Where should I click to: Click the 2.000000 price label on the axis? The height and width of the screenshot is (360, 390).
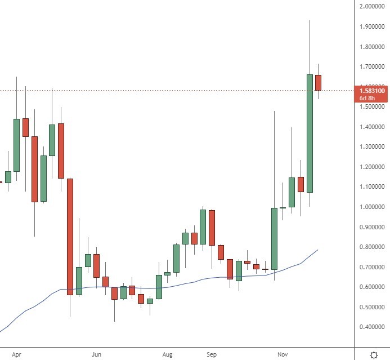tap(371, 7)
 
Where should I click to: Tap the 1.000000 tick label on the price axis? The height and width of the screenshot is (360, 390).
tap(371, 207)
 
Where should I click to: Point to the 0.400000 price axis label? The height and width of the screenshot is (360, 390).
tap(371, 327)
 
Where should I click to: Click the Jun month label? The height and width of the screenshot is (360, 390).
tap(97, 354)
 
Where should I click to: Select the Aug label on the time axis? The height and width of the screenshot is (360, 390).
tap(167, 354)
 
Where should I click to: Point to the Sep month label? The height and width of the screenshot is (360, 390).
tap(212, 354)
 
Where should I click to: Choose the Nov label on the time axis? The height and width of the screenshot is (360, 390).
tap(283, 354)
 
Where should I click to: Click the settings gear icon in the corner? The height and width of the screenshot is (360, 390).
tap(374, 354)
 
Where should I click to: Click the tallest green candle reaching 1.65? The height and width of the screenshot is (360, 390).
tap(310, 133)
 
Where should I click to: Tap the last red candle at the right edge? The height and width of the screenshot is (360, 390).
tap(318, 82)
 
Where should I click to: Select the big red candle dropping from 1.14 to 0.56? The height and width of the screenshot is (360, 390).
tap(70, 237)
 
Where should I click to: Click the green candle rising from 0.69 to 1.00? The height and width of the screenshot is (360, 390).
tap(274, 238)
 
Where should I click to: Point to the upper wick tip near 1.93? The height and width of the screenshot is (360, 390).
tap(310, 21)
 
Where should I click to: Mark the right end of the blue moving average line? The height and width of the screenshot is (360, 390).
tap(318, 250)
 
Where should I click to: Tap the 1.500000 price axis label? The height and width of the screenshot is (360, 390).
tap(371, 106)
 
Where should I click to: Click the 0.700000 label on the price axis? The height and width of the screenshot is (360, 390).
tap(371, 266)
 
